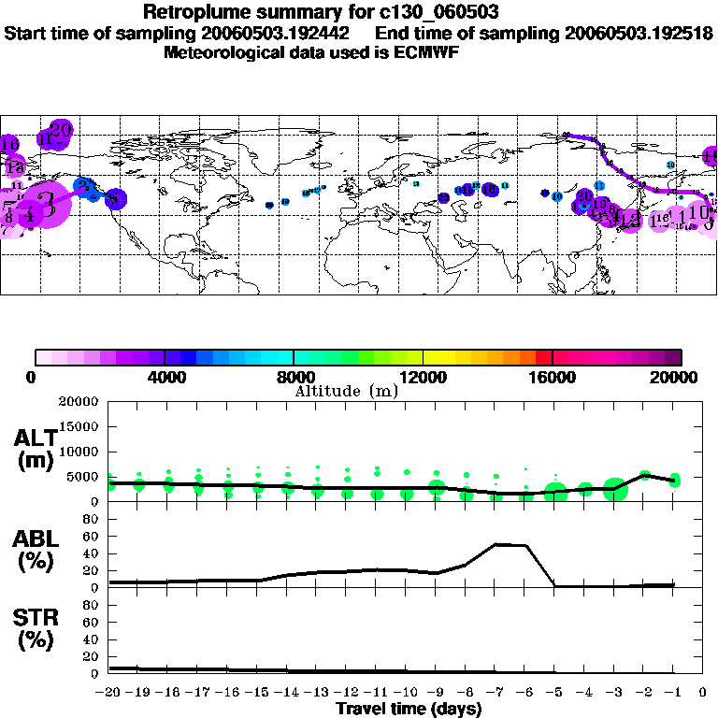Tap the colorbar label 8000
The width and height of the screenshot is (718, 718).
(x=294, y=378)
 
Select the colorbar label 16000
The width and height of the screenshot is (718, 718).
(x=553, y=378)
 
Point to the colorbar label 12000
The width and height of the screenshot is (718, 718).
(x=423, y=378)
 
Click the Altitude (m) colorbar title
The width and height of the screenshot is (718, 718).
(x=347, y=391)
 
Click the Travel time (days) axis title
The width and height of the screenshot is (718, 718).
(x=409, y=710)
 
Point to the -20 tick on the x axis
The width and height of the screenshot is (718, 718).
(x=109, y=692)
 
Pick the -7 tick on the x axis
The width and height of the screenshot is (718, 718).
(x=495, y=692)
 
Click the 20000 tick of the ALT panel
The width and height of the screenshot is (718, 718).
(x=79, y=401)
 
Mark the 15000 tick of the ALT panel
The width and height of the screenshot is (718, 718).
(x=79, y=426)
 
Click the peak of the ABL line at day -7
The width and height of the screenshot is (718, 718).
(x=497, y=544)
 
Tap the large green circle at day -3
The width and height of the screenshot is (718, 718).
(x=615, y=488)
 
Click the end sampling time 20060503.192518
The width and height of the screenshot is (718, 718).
(x=639, y=33)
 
